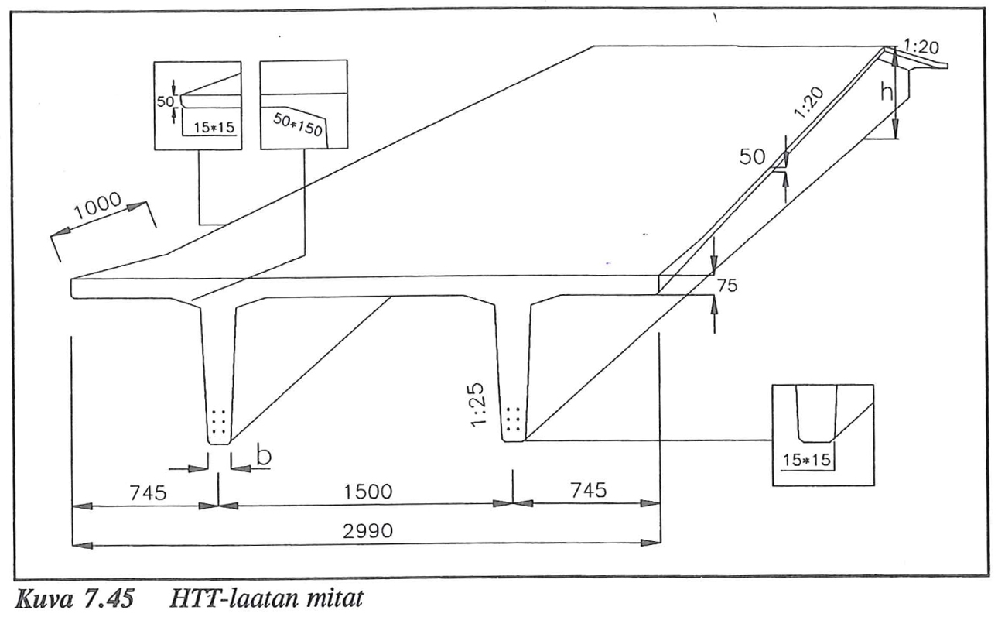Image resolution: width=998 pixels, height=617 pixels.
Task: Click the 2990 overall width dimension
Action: [367, 531]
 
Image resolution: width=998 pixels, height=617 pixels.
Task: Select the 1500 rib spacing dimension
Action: [367, 492]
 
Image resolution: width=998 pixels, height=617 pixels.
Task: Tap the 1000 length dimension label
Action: [97, 206]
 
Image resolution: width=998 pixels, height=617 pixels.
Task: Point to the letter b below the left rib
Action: [264, 456]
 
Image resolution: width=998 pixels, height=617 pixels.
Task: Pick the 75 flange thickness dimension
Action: [726, 286]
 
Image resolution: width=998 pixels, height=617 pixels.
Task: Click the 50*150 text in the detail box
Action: [297, 125]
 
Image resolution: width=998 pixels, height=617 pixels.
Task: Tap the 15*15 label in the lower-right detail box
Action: [807, 460]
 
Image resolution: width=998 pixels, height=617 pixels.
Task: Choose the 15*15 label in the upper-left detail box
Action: [214, 128]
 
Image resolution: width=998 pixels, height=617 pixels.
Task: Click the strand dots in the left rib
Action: [218, 421]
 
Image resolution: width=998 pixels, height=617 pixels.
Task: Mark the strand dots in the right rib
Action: [513, 419]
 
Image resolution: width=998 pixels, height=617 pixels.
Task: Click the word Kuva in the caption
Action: [43, 598]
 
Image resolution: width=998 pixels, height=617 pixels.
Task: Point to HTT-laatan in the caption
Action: [233, 598]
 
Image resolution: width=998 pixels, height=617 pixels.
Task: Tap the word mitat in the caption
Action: [333, 598]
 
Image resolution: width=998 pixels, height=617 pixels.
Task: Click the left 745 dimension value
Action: [148, 493]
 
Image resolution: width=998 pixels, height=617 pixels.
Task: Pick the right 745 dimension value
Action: [589, 490]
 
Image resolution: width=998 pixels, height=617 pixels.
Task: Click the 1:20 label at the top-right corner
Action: [922, 46]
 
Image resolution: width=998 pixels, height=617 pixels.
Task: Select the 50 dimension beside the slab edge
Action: [752, 156]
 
